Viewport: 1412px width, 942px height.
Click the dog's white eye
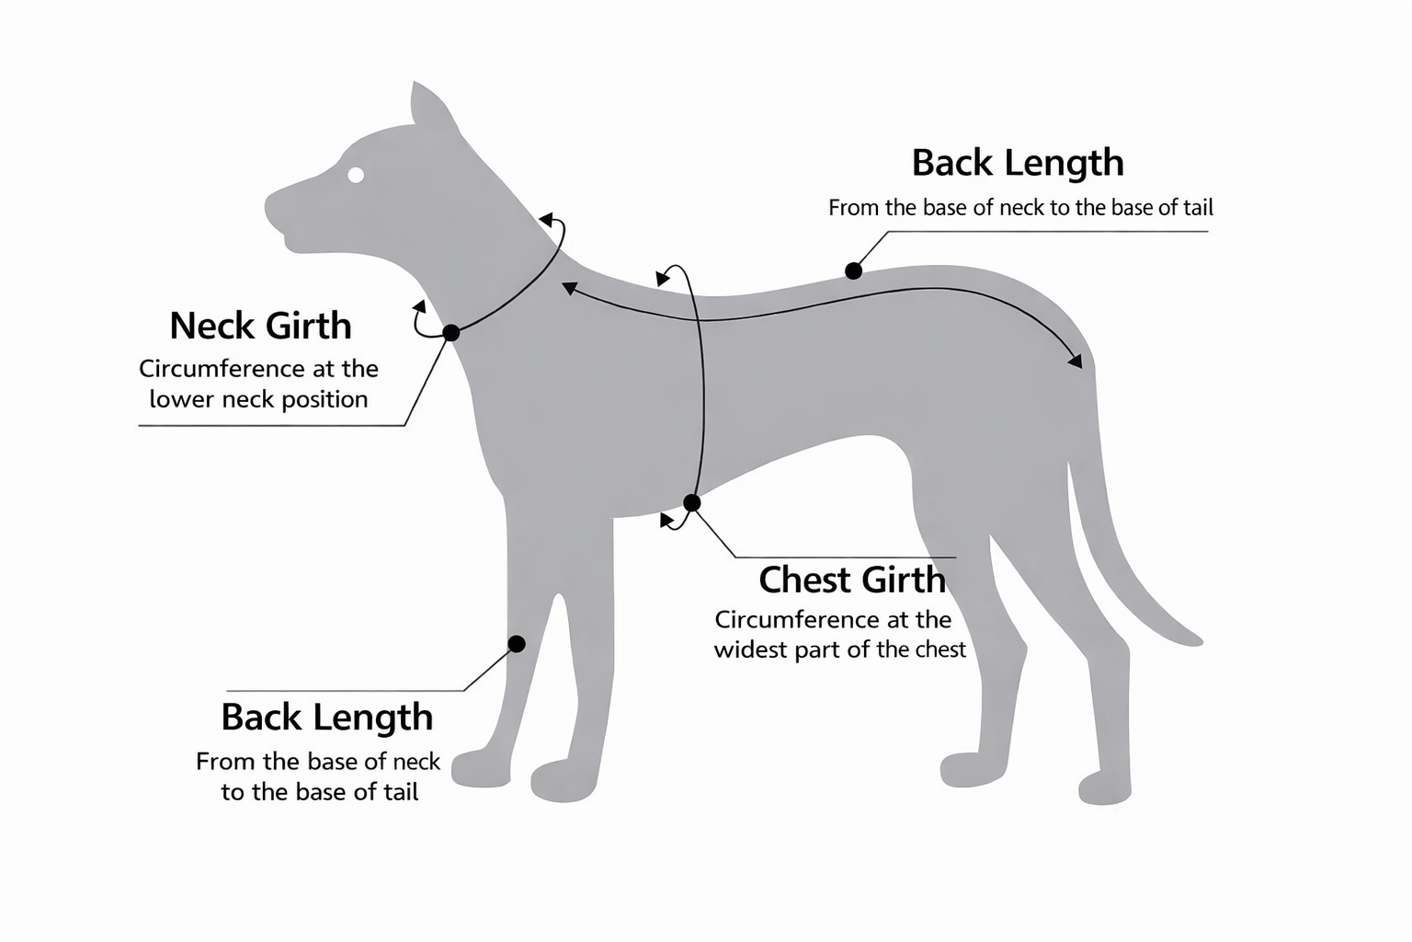coord(356,175)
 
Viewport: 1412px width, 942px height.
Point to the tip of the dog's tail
coord(1194,638)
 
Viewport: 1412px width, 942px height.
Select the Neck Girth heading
coord(260,326)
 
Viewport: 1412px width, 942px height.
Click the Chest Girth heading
coord(851,580)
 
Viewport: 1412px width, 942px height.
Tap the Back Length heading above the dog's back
coord(1018,163)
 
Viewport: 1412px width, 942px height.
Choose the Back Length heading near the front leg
coord(326,718)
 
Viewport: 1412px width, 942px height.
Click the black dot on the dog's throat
coord(451,333)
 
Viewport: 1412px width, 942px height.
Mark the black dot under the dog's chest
coord(692,502)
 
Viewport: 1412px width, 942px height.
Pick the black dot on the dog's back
coord(853,270)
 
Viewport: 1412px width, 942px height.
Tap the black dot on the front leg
coord(517,644)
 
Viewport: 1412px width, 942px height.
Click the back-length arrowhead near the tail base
coord(1075,362)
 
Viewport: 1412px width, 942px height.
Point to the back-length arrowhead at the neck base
coord(569,288)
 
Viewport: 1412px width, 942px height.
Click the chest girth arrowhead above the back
coord(662,278)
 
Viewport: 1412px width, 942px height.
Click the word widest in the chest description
coord(745,649)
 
